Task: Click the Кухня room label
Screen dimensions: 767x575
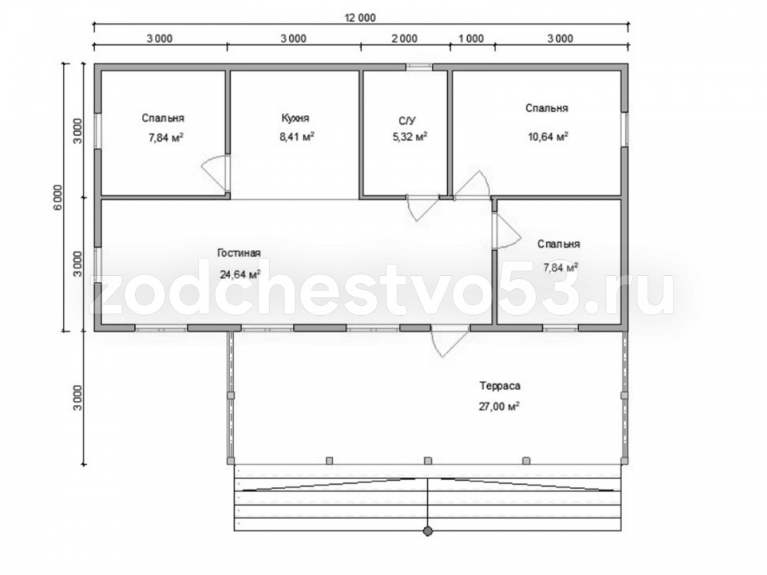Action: pos(295,118)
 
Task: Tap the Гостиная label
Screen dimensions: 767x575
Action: pos(239,253)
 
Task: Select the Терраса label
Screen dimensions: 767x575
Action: pos(500,386)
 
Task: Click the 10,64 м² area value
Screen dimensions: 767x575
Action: pos(548,136)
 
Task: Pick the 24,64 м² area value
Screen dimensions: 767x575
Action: pos(239,274)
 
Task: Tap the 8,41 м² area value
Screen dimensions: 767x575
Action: pos(296,136)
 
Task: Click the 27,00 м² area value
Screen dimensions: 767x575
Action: pos(499,406)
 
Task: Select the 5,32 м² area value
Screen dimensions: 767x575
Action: pos(410,137)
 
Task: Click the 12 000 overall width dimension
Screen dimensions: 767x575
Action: pos(360,18)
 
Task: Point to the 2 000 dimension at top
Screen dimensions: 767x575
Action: pos(405,38)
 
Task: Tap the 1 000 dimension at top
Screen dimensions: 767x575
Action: pos(472,38)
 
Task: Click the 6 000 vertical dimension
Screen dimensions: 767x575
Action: pos(58,198)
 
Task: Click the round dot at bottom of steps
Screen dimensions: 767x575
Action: pos(428,531)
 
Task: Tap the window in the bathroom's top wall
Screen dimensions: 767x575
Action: pos(420,67)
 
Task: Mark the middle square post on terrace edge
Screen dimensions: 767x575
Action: pos(428,461)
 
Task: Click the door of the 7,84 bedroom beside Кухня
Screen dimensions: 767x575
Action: pos(216,172)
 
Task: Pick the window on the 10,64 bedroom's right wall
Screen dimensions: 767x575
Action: pos(624,129)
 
